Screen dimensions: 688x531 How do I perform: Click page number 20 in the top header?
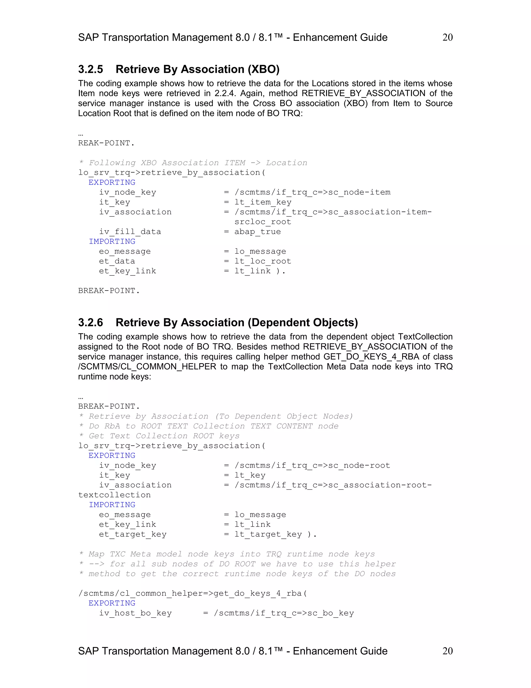447,37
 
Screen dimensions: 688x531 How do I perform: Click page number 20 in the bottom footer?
447,651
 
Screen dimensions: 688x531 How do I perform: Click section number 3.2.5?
90,69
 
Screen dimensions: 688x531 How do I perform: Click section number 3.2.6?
90,322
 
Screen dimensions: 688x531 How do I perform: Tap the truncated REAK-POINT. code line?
106,143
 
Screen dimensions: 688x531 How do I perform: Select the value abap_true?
257,232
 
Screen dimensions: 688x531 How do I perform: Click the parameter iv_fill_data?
130,232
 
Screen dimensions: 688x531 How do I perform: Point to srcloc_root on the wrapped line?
263,222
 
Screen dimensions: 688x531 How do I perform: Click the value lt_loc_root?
263,261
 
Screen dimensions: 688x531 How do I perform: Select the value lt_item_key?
263,202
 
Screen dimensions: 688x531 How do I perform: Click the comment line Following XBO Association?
193,163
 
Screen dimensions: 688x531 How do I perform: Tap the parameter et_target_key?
132,534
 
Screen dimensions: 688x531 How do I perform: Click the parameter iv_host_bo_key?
135,613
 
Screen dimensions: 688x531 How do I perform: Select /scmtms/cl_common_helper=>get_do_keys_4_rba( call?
193,593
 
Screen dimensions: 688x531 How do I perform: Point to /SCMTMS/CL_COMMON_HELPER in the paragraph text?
147,367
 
